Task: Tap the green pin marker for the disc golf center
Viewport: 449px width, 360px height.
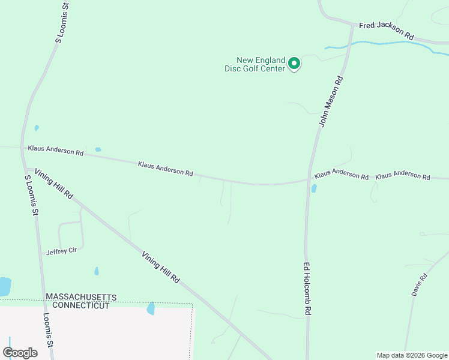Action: point(294,63)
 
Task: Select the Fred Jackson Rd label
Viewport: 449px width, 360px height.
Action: point(387,31)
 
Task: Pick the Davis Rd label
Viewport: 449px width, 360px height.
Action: point(419,285)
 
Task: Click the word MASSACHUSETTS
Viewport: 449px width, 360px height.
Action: point(81,298)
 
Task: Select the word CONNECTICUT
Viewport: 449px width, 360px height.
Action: point(81,305)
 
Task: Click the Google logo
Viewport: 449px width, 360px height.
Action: point(20,353)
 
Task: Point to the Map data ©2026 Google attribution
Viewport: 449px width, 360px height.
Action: point(412,355)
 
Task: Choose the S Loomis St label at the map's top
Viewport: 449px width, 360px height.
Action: point(62,23)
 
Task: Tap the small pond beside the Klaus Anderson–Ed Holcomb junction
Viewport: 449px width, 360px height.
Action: point(314,188)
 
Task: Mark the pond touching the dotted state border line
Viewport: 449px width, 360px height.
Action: point(151,308)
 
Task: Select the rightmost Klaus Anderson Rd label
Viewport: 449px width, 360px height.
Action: point(403,177)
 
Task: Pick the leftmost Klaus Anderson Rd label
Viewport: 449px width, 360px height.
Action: point(55,151)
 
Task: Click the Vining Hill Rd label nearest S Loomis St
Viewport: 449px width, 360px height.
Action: point(53,184)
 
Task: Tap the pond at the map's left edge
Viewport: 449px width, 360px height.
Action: point(4,286)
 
